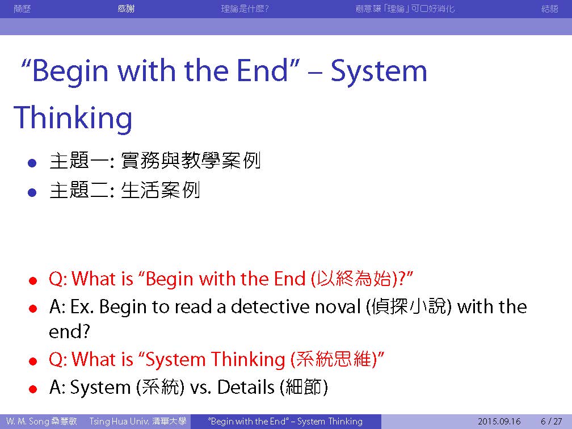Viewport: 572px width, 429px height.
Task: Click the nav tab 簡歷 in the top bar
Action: [22, 9]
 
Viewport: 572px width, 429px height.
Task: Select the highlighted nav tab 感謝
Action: [126, 9]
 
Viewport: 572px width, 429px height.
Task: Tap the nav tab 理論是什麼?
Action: [245, 9]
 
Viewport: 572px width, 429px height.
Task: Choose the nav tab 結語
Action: [550, 9]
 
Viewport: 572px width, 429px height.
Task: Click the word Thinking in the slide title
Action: [73, 117]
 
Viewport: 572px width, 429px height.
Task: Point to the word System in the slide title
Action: [378, 71]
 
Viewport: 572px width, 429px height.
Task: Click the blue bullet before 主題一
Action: [32, 163]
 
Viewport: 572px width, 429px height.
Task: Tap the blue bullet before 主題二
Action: [32, 192]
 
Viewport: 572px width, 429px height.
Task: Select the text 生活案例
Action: [160, 190]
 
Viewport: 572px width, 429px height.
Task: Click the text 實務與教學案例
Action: [191, 161]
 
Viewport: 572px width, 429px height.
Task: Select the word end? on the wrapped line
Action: [69, 331]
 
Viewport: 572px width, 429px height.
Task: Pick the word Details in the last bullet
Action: [246, 386]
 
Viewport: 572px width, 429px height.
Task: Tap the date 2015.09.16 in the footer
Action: [499, 421]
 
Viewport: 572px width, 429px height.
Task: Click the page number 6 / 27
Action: [551, 421]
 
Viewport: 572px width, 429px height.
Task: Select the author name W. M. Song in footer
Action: [28, 421]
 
